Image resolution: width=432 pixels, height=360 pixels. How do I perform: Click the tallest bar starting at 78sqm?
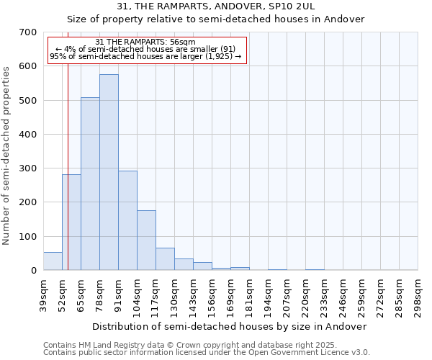point(109,173)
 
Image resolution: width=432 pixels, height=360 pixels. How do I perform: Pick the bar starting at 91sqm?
point(127,220)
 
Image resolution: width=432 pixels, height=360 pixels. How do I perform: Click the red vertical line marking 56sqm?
point(68,144)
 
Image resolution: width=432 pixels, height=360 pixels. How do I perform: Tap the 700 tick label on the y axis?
point(28,32)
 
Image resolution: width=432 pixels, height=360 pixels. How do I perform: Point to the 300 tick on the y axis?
point(28,168)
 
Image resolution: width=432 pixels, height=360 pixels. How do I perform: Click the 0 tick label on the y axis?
point(33,271)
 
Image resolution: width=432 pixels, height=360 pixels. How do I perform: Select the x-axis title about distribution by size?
point(230,326)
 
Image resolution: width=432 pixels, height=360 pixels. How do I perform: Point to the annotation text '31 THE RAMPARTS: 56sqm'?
point(145,42)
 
